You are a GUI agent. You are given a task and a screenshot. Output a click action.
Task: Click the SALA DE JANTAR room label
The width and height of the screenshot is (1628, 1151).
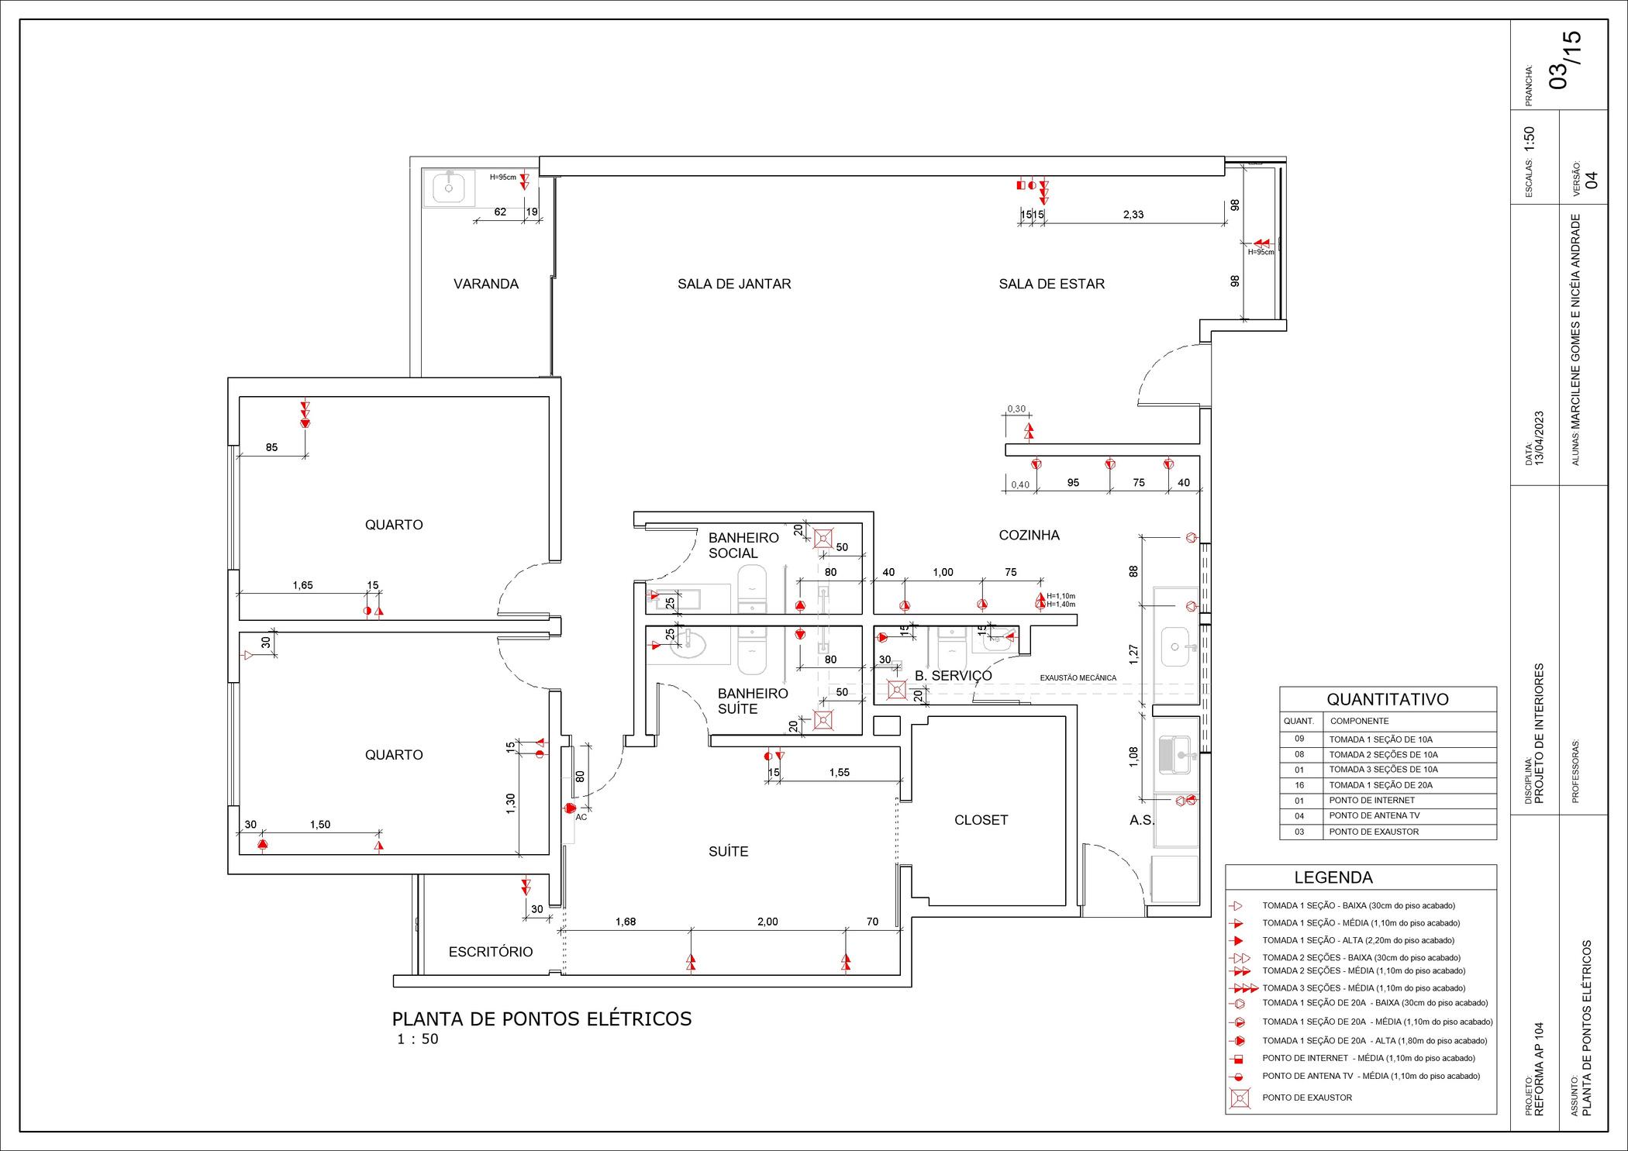[733, 284]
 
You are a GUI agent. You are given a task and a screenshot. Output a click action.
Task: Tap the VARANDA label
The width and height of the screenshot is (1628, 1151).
[486, 284]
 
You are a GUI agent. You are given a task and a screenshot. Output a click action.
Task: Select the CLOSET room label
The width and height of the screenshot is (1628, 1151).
[981, 819]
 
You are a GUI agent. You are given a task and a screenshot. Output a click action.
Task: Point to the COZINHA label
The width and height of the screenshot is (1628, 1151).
[1029, 535]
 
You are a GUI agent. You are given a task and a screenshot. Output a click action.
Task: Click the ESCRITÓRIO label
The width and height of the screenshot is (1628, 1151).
[491, 952]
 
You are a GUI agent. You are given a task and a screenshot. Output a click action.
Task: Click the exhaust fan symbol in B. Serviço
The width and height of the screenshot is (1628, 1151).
[897, 688]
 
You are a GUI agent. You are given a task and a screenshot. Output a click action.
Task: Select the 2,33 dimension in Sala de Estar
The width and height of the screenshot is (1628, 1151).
[1133, 215]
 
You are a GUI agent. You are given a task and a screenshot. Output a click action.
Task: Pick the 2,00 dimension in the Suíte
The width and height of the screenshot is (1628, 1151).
[767, 922]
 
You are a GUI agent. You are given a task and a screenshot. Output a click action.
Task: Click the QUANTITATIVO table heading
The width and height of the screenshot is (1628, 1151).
[1388, 699]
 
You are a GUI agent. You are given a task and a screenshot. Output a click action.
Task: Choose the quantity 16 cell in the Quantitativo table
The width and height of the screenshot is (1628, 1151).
[1299, 785]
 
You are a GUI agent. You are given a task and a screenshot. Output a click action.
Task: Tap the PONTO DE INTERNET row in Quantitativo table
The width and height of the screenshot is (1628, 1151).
[1371, 800]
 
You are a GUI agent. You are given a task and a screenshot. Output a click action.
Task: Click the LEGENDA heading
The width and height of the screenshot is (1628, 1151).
[1333, 877]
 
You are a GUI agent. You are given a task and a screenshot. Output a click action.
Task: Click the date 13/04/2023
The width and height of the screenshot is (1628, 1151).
[1540, 438]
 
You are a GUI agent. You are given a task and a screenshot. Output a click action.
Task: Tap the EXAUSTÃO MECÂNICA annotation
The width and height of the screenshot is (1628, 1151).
[1078, 678]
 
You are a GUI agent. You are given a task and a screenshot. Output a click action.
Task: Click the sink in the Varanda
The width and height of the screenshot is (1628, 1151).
[449, 188]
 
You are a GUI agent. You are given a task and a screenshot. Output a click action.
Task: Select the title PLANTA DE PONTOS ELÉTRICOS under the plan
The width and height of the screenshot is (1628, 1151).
[541, 1018]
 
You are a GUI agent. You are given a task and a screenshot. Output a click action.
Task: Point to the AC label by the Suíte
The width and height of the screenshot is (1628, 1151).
[581, 817]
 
